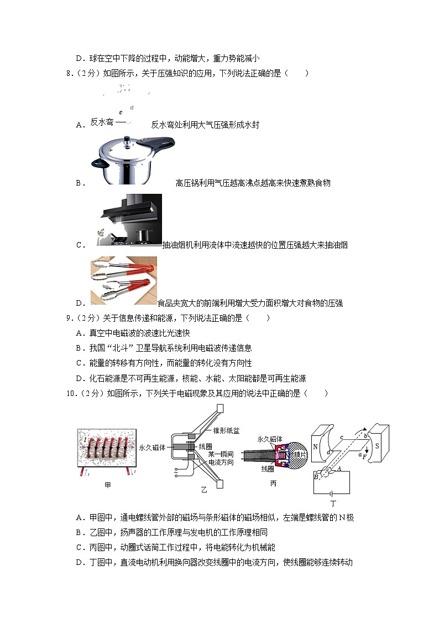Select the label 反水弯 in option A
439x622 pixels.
102,122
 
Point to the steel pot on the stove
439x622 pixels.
143,236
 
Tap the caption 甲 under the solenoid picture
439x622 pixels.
107,486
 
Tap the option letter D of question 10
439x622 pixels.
80,562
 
